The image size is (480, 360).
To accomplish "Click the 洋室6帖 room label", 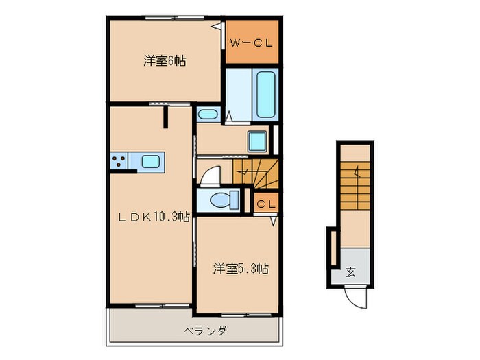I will [x=165, y=61].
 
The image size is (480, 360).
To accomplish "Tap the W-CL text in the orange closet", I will [x=251, y=43].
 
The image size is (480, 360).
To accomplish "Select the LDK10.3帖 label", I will [x=152, y=217].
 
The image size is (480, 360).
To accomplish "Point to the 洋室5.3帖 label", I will [x=239, y=268].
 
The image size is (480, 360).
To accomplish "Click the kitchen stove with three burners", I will [x=118, y=162].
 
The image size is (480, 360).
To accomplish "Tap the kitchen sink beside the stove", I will [x=151, y=162].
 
